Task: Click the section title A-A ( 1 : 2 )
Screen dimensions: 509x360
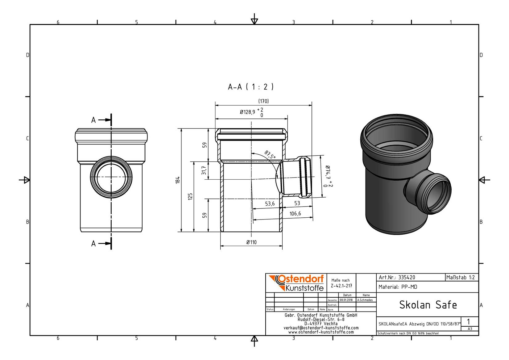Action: point(250,87)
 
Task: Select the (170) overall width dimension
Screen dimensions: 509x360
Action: point(263,101)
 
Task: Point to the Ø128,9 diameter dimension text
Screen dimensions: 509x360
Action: point(247,112)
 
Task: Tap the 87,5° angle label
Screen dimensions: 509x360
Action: point(270,155)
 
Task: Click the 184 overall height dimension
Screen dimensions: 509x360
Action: point(178,180)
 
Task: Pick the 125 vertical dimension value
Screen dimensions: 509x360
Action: point(190,196)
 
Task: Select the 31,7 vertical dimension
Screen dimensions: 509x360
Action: point(204,170)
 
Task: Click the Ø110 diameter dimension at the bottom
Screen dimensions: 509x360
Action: point(251,242)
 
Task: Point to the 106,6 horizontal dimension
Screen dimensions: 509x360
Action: point(295,214)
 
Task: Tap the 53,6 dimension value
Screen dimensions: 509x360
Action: point(270,203)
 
